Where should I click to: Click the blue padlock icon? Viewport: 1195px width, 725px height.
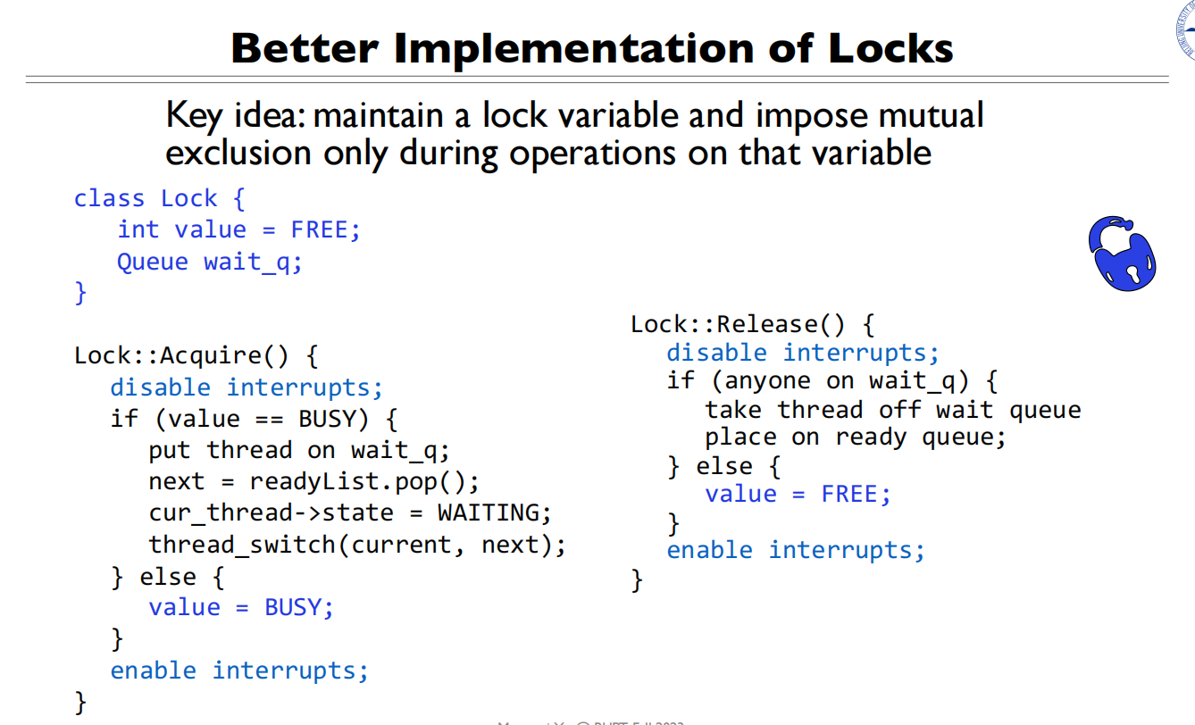(1122, 252)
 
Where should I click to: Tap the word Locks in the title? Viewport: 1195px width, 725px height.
(890, 47)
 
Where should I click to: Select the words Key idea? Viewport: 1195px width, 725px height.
(234, 116)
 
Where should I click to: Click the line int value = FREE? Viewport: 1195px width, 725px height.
(238, 229)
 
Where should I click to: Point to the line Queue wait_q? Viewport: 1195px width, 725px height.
(210, 262)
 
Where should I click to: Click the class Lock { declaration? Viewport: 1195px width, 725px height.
(159, 198)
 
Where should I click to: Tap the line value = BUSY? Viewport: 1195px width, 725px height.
(241, 607)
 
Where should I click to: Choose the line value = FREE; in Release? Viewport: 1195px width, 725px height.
(798, 494)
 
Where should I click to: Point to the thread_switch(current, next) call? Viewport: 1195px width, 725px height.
(357, 544)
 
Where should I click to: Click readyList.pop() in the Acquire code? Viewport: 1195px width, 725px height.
(364, 481)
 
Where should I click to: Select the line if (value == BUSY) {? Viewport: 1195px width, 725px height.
(254, 419)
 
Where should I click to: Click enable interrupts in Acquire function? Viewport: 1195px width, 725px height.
(238, 670)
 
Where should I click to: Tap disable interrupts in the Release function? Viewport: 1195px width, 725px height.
(803, 353)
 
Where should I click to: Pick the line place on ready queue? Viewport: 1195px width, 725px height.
(855, 437)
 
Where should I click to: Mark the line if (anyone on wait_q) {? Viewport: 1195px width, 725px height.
(831, 381)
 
